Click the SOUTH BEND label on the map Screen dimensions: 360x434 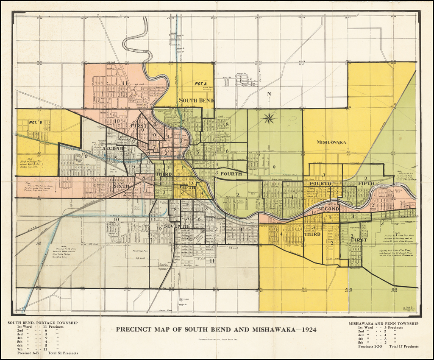click(196, 100)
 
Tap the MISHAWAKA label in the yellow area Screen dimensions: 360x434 click(331, 142)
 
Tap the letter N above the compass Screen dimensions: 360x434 click(268, 94)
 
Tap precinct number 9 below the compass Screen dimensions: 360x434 click(274, 167)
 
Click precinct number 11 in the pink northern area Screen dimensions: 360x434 click(125, 83)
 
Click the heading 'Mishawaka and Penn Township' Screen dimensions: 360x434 click(383, 324)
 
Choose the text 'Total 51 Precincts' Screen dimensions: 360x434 click(63, 353)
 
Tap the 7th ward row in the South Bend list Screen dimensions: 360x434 click(37, 349)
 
